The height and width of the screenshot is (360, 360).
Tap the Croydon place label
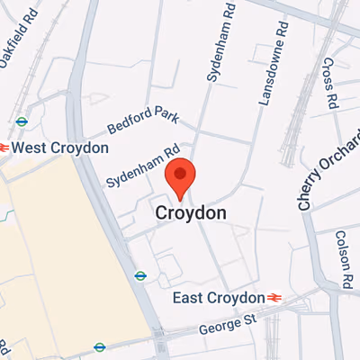point(191,214)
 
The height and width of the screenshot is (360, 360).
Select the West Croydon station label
point(60,147)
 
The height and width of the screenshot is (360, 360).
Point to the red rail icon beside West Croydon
point(4,147)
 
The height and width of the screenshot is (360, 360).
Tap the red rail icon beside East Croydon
point(273,298)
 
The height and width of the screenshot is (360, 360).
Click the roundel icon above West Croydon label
point(22,121)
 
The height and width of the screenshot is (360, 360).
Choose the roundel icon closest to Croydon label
point(139,275)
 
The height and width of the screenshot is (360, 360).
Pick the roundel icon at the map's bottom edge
point(100,346)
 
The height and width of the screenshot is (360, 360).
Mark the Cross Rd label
point(328,81)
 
